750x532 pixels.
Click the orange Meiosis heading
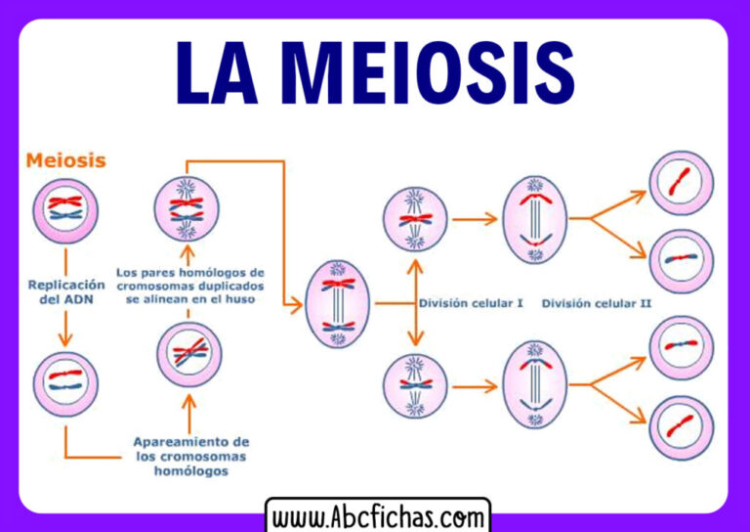click(66, 158)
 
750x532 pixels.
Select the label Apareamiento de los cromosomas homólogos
click(191, 457)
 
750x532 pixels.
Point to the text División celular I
click(472, 303)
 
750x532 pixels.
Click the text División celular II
click(597, 303)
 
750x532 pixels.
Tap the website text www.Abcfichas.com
click(377, 516)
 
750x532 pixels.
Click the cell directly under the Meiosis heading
click(65, 210)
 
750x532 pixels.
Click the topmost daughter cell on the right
click(682, 183)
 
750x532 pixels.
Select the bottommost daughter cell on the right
click(682, 427)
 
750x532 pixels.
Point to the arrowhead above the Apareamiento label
click(189, 396)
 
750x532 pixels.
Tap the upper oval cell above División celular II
click(535, 220)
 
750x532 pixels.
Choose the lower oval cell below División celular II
click(535, 385)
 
